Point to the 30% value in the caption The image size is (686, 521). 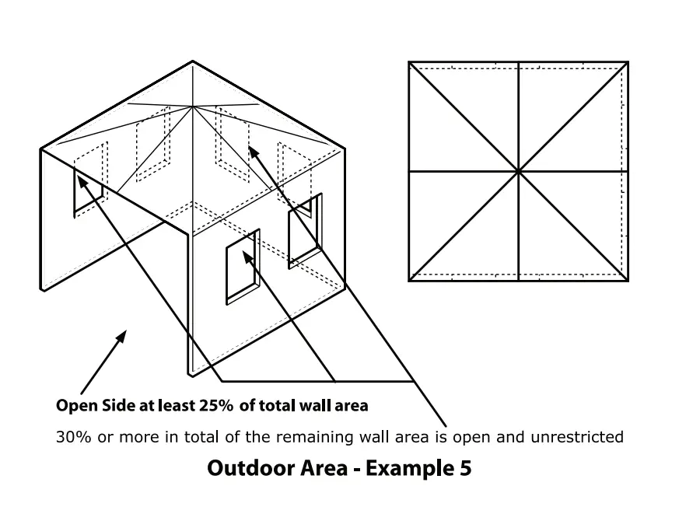(x=73, y=436)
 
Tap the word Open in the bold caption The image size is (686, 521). (x=75, y=405)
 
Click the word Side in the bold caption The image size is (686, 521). (x=114, y=405)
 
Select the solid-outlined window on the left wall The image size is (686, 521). (x=88, y=194)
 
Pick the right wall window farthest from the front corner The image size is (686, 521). (x=305, y=231)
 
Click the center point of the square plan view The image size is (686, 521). (x=518, y=171)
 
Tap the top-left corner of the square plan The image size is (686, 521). (x=409, y=62)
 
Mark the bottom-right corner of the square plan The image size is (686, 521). (x=628, y=280)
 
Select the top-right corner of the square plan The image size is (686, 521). (x=628, y=62)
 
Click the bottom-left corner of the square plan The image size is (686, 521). (x=409, y=280)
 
